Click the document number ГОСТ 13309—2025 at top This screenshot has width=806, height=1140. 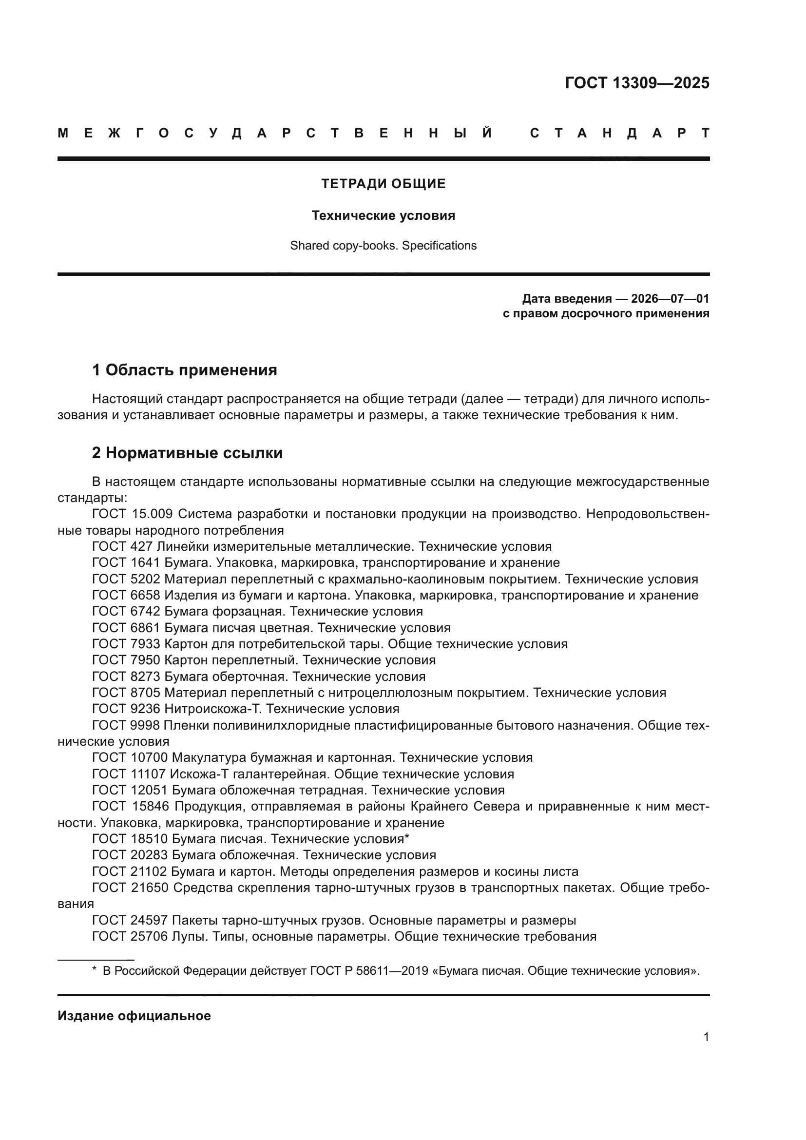click(x=637, y=83)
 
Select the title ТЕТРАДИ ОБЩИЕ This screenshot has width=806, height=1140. click(x=383, y=184)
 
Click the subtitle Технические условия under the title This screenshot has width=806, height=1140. click(x=383, y=215)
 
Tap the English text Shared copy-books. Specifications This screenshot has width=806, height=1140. click(x=383, y=246)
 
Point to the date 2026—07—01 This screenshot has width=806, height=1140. click(x=670, y=299)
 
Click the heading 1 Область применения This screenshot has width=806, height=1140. click(x=185, y=370)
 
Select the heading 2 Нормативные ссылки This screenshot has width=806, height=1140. click(x=188, y=453)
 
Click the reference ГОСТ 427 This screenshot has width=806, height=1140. click(x=123, y=547)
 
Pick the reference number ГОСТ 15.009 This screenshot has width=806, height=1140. click(x=132, y=514)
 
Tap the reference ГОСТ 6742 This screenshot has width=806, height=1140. click(x=126, y=611)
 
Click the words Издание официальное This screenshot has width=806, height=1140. click(x=134, y=1016)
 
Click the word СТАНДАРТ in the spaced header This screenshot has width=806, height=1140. click(x=619, y=133)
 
